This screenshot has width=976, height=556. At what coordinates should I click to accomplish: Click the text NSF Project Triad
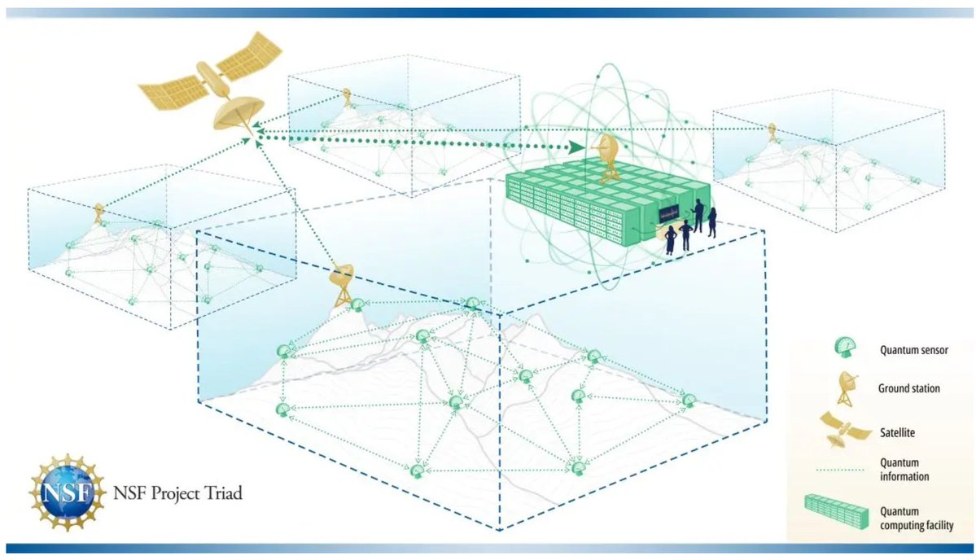[177, 494]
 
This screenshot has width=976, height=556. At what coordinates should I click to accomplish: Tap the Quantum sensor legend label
[914, 350]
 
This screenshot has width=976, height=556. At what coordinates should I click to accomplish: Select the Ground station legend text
[908, 388]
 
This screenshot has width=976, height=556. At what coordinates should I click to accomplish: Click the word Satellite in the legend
[898, 432]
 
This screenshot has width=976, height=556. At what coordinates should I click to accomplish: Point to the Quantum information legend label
[904, 470]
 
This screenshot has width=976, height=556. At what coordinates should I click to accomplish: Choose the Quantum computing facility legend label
[917, 518]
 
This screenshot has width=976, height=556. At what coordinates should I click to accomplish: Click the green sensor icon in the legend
[845, 346]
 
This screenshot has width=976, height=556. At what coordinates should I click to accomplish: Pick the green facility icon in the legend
[836, 512]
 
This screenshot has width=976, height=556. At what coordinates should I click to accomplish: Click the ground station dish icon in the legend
[846, 387]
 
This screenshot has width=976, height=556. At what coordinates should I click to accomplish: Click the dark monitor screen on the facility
[673, 216]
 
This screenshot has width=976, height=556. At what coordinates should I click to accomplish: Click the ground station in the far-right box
[772, 132]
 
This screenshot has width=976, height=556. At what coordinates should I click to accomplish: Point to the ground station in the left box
[99, 213]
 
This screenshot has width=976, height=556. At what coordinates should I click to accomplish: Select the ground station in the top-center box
[347, 97]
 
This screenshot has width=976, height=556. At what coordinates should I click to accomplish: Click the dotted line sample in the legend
[840, 470]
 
